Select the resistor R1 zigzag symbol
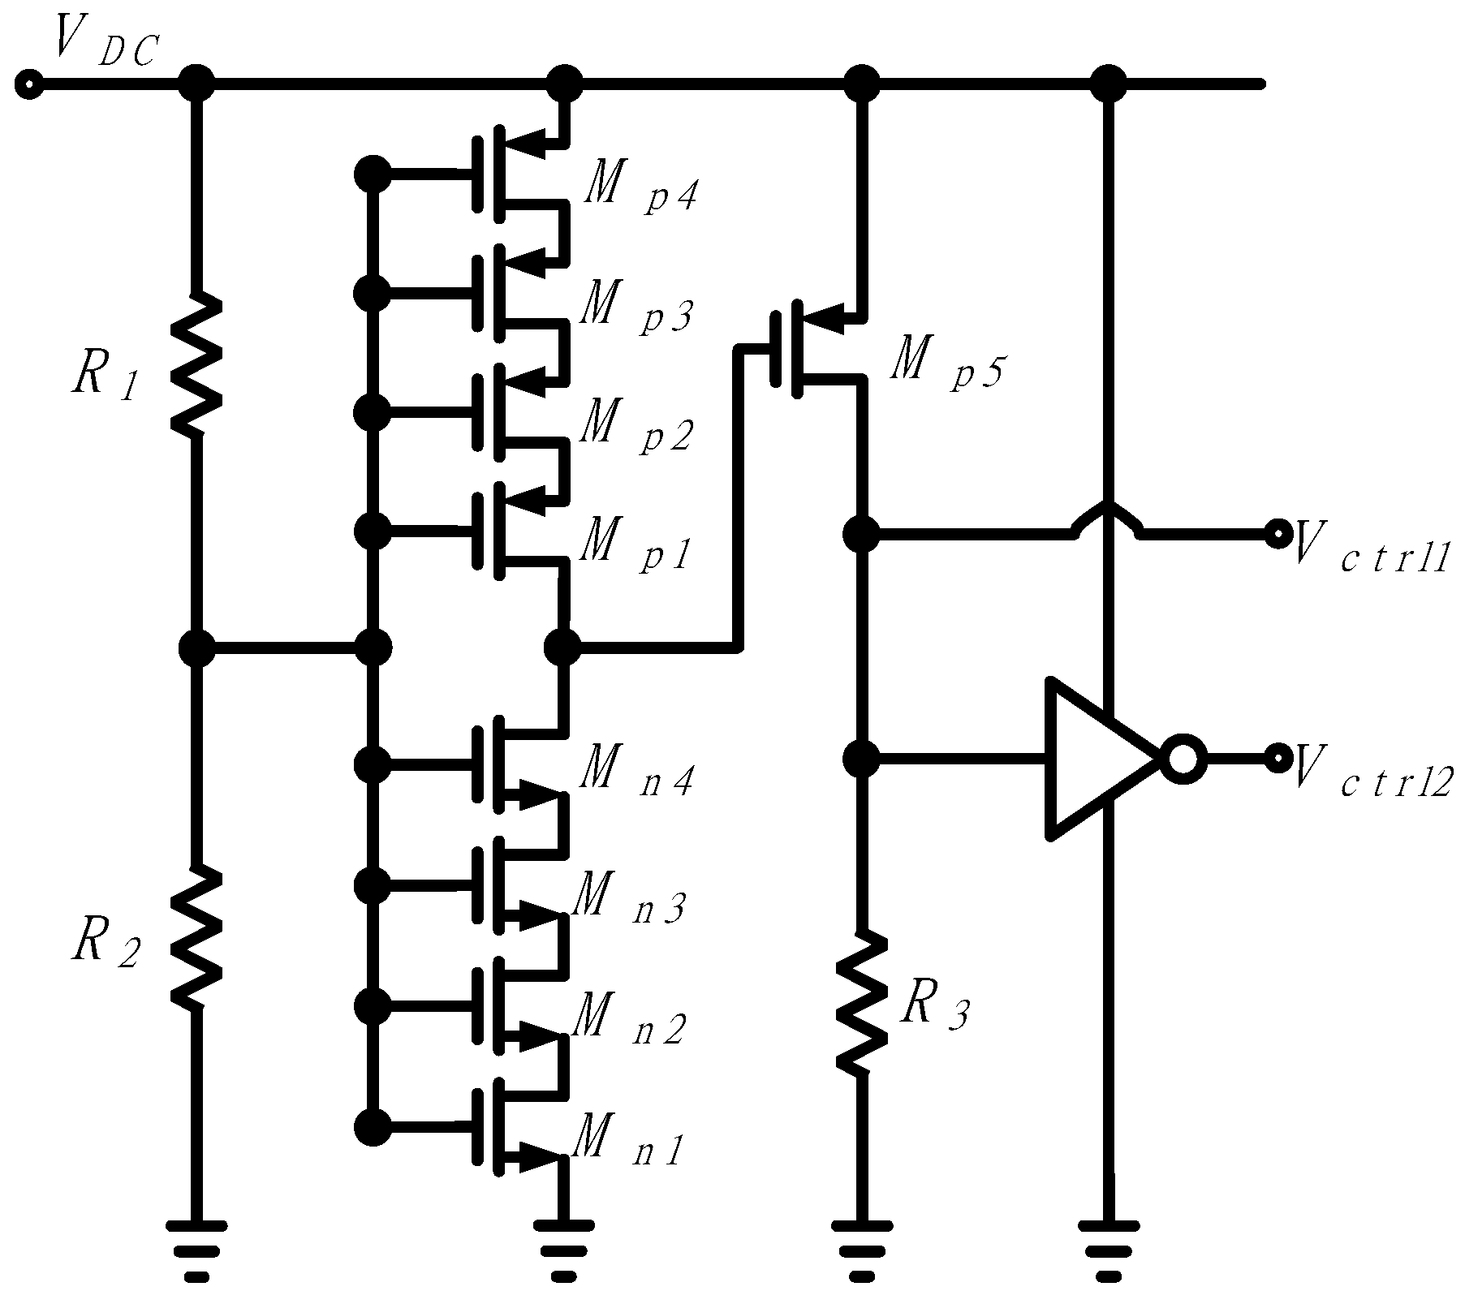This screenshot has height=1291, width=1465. (196, 364)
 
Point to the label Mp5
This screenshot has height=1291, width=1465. (946, 363)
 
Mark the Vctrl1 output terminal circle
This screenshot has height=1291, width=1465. (1278, 533)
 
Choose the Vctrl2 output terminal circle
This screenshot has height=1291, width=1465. (1278, 759)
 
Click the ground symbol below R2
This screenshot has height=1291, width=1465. (196, 1249)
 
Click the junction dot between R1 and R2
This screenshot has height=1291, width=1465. (196, 648)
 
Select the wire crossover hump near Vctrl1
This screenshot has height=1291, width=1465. (1108, 515)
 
